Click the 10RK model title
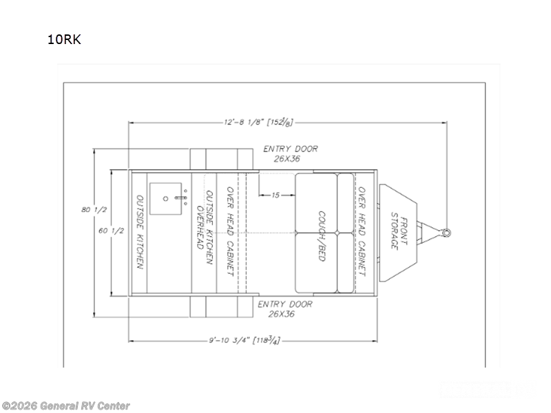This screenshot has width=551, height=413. point(64,39)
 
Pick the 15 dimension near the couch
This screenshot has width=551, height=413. point(275,195)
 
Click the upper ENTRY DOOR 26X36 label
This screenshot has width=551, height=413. point(291,153)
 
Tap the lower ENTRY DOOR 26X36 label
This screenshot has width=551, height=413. point(285,309)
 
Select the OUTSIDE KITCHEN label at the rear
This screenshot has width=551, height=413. point(140,233)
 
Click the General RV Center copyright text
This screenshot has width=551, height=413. point(65,406)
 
